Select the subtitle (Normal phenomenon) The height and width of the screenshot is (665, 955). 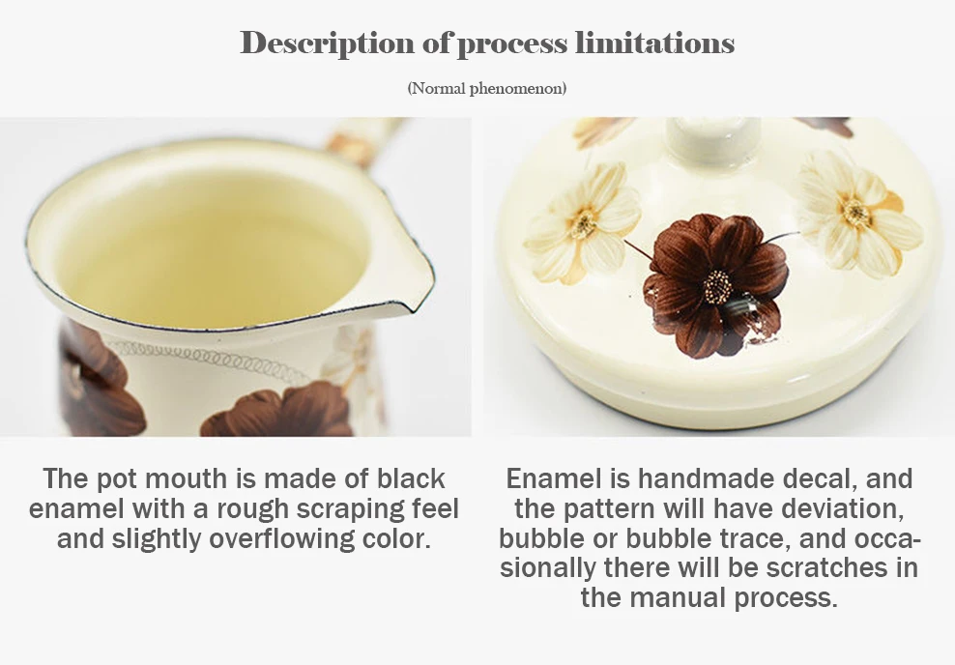pos(486,88)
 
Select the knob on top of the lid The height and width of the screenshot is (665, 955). pos(713,141)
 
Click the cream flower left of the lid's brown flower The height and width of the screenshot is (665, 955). pos(582,223)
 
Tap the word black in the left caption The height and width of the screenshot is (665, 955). pos(411,478)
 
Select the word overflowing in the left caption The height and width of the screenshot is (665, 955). pos(282,539)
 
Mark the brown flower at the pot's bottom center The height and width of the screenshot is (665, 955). pos(277,411)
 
